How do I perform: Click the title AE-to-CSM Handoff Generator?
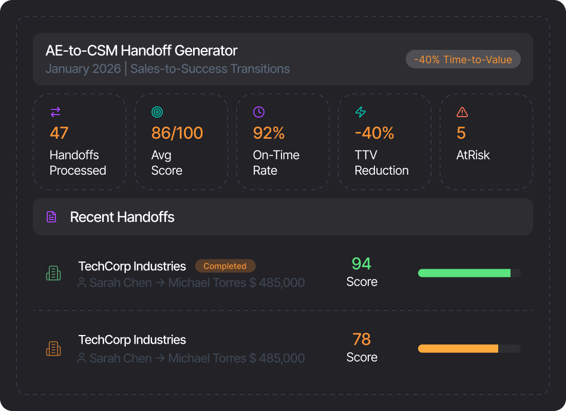[142, 50]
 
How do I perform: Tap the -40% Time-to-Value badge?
[463, 59]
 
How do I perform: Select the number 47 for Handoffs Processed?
[59, 133]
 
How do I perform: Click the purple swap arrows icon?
[55, 112]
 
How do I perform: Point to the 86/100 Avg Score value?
[177, 133]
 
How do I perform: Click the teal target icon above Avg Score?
[157, 112]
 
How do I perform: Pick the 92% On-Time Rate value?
[269, 133]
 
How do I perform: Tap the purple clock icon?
[259, 112]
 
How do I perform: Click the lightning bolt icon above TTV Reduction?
[361, 112]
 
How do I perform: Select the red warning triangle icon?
[462, 112]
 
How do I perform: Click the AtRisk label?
[473, 155]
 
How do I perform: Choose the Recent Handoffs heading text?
[122, 217]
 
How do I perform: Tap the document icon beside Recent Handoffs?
[52, 217]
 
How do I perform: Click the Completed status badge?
[225, 266]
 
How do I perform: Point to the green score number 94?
[362, 264]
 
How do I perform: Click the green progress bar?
[464, 273]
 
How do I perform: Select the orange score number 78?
[362, 339]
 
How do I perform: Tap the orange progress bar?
[458, 348]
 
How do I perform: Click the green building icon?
[53, 273]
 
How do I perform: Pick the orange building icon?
[53, 348]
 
